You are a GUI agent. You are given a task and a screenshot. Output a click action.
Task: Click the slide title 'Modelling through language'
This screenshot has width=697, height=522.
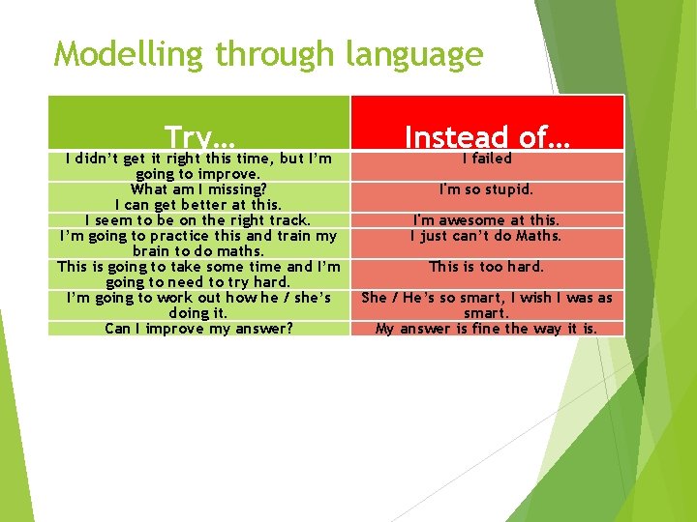click(x=268, y=54)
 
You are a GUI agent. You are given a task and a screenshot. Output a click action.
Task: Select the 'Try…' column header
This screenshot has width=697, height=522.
click(x=200, y=136)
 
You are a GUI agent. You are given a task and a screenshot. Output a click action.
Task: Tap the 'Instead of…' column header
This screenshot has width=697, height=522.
click(x=487, y=136)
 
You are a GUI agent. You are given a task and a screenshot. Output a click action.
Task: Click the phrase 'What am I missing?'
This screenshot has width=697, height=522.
click(x=198, y=189)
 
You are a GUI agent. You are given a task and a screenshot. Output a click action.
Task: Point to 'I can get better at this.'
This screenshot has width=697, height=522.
click(x=198, y=205)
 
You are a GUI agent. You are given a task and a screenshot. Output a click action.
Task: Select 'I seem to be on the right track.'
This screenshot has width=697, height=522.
click(x=198, y=220)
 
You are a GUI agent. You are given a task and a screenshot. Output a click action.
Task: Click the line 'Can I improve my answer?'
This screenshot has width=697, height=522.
click(x=198, y=329)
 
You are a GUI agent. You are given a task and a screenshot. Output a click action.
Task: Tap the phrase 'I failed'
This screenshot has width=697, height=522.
click(x=487, y=159)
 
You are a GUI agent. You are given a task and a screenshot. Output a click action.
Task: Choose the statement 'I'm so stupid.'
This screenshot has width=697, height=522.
click(x=487, y=189)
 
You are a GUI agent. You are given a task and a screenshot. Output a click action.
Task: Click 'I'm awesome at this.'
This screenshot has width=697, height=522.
click(x=487, y=220)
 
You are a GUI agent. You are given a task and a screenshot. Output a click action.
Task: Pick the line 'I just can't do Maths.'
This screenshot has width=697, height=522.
click(x=487, y=236)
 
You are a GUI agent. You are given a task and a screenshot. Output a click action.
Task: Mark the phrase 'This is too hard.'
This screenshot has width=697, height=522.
click(x=487, y=267)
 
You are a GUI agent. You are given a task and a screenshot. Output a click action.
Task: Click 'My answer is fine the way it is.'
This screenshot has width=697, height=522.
click(x=487, y=329)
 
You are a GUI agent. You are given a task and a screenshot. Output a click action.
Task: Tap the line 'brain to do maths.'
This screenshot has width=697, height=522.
click(x=198, y=251)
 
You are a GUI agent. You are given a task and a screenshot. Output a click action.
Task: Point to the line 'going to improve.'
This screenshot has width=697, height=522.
click(x=198, y=174)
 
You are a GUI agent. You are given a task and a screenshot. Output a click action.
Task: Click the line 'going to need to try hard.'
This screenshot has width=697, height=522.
click(x=198, y=282)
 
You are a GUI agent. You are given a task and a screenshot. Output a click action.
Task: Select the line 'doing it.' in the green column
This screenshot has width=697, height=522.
click(x=198, y=313)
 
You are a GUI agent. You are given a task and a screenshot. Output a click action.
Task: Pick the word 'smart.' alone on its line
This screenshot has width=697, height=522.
click(x=487, y=313)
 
